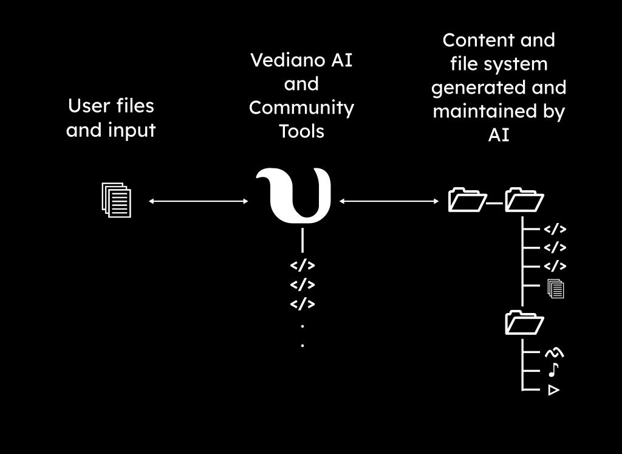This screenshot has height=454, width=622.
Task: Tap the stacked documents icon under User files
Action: coord(116,200)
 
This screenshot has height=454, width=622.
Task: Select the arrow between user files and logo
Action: coord(199,201)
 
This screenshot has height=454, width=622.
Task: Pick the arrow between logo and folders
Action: coord(389,201)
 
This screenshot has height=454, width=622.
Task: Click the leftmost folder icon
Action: coord(466,200)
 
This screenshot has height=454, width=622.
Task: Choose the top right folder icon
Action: coord(524,200)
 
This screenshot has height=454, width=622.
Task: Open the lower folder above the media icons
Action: coord(524,323)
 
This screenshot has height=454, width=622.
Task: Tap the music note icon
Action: coord(553,370)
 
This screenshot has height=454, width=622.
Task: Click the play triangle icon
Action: coord(553,390)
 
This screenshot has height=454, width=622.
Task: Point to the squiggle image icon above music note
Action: coord(553,352)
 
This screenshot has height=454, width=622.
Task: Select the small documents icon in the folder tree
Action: coord(555,288)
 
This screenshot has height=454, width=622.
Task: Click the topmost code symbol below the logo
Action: coord(302,266)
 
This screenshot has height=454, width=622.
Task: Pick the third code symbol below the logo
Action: coord(302,303)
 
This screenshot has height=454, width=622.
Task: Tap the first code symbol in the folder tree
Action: coord(555,229)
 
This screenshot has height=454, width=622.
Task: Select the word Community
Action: coord(301,108)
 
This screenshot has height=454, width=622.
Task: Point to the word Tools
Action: coord(301,131)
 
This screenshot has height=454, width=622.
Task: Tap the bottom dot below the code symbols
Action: coord(302,345)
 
